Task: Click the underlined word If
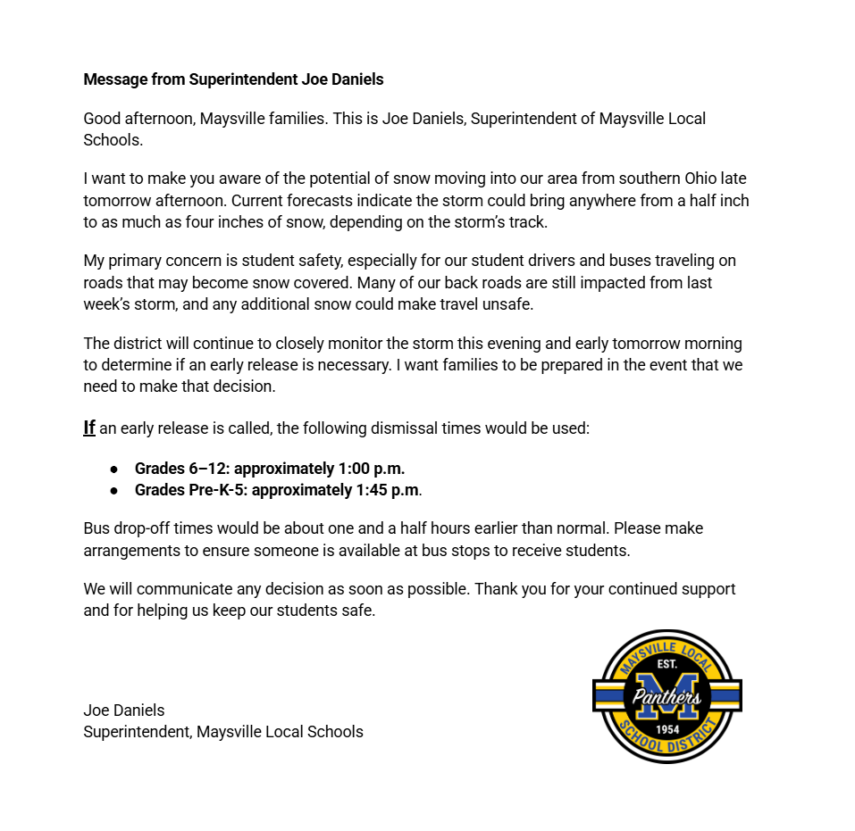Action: point(89,428)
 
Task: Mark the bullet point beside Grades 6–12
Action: point(114,469)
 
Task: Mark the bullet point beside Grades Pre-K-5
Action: point(114,490)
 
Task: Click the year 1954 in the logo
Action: point(667,729)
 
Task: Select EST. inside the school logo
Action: point(667,665)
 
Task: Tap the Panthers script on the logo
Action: point(667,697)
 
